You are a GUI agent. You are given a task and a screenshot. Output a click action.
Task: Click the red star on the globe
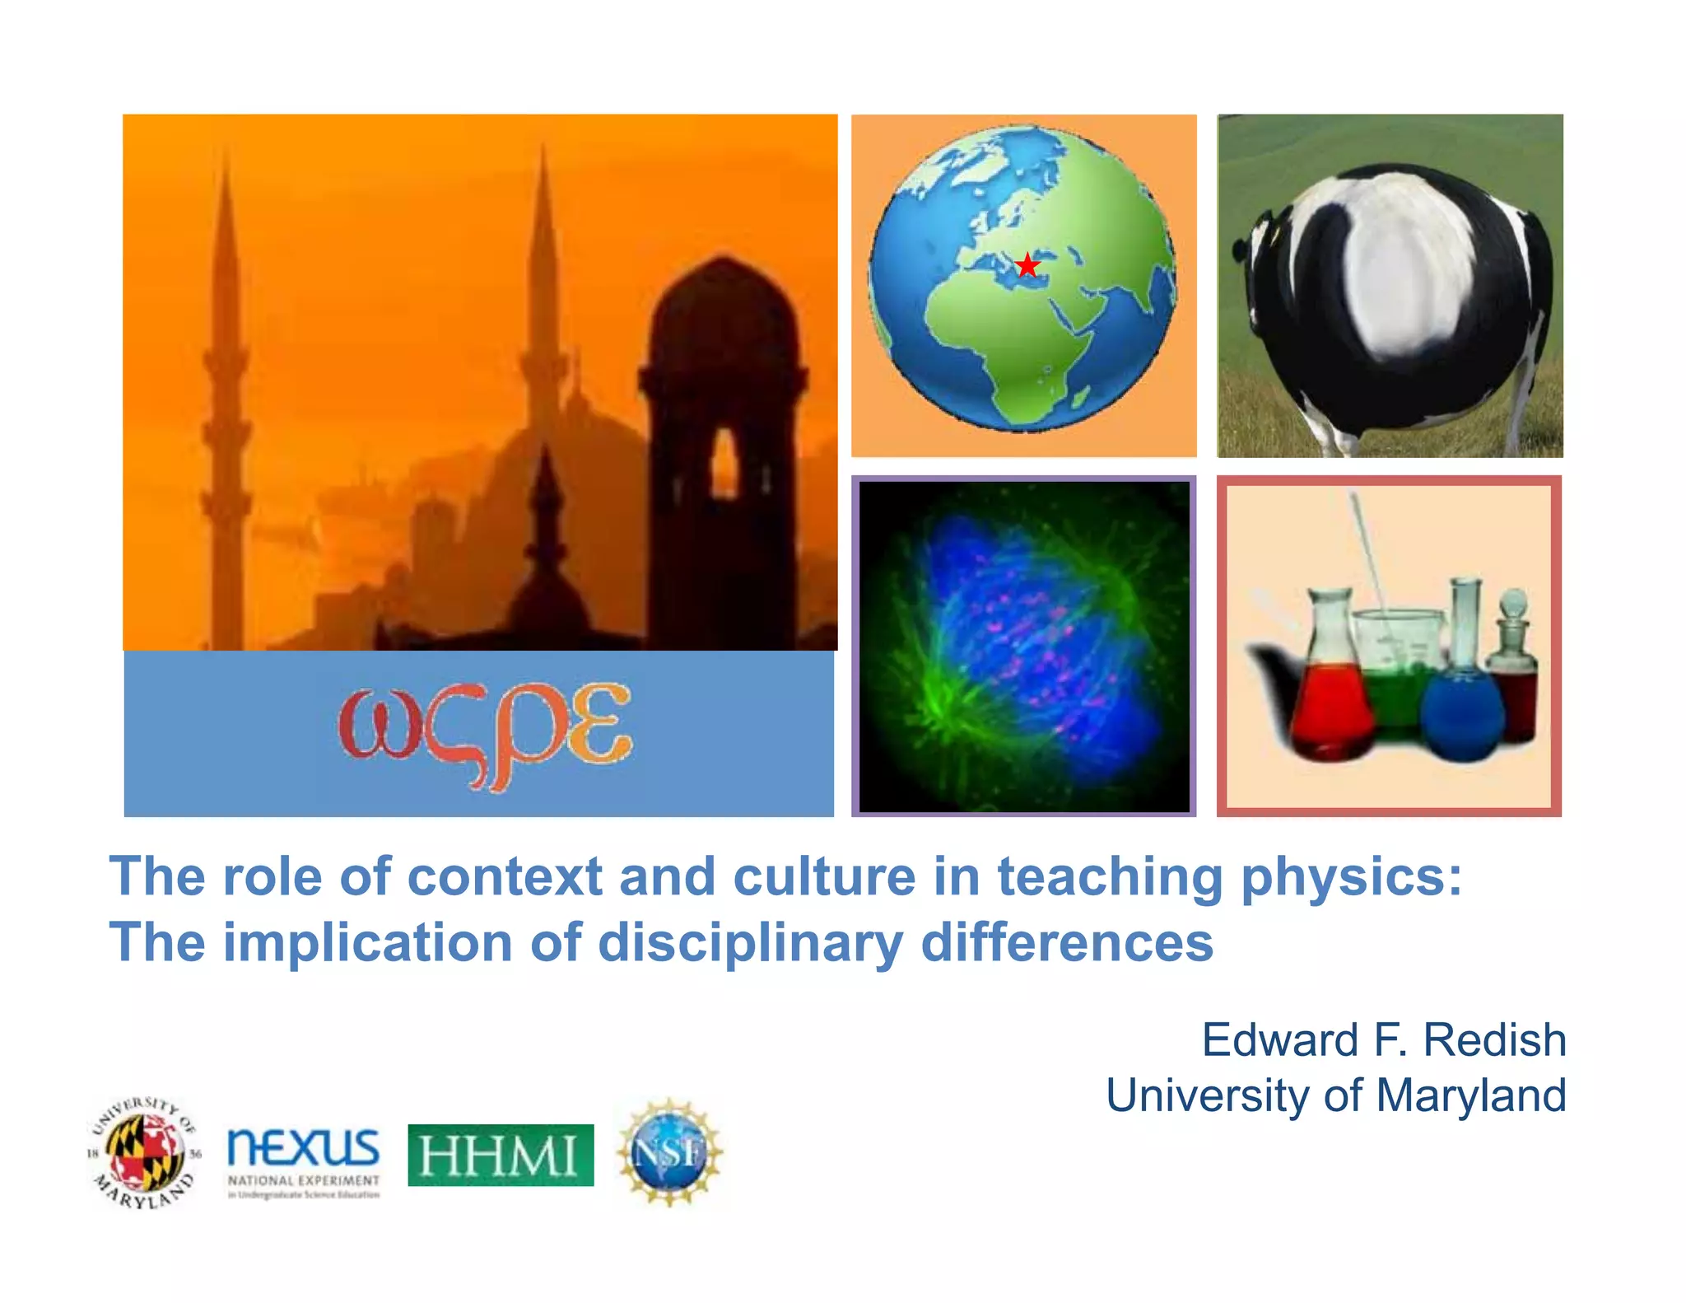point(1027,265)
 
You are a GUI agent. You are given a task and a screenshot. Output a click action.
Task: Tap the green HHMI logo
point(501,1155)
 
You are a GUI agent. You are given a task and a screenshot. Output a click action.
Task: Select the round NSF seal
point(669,1152)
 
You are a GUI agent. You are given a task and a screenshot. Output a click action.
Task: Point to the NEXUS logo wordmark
point(303,1147)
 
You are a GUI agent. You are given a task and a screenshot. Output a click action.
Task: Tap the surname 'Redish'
point(1494,1039)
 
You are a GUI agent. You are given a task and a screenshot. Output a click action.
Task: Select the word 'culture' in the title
point(823,877)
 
